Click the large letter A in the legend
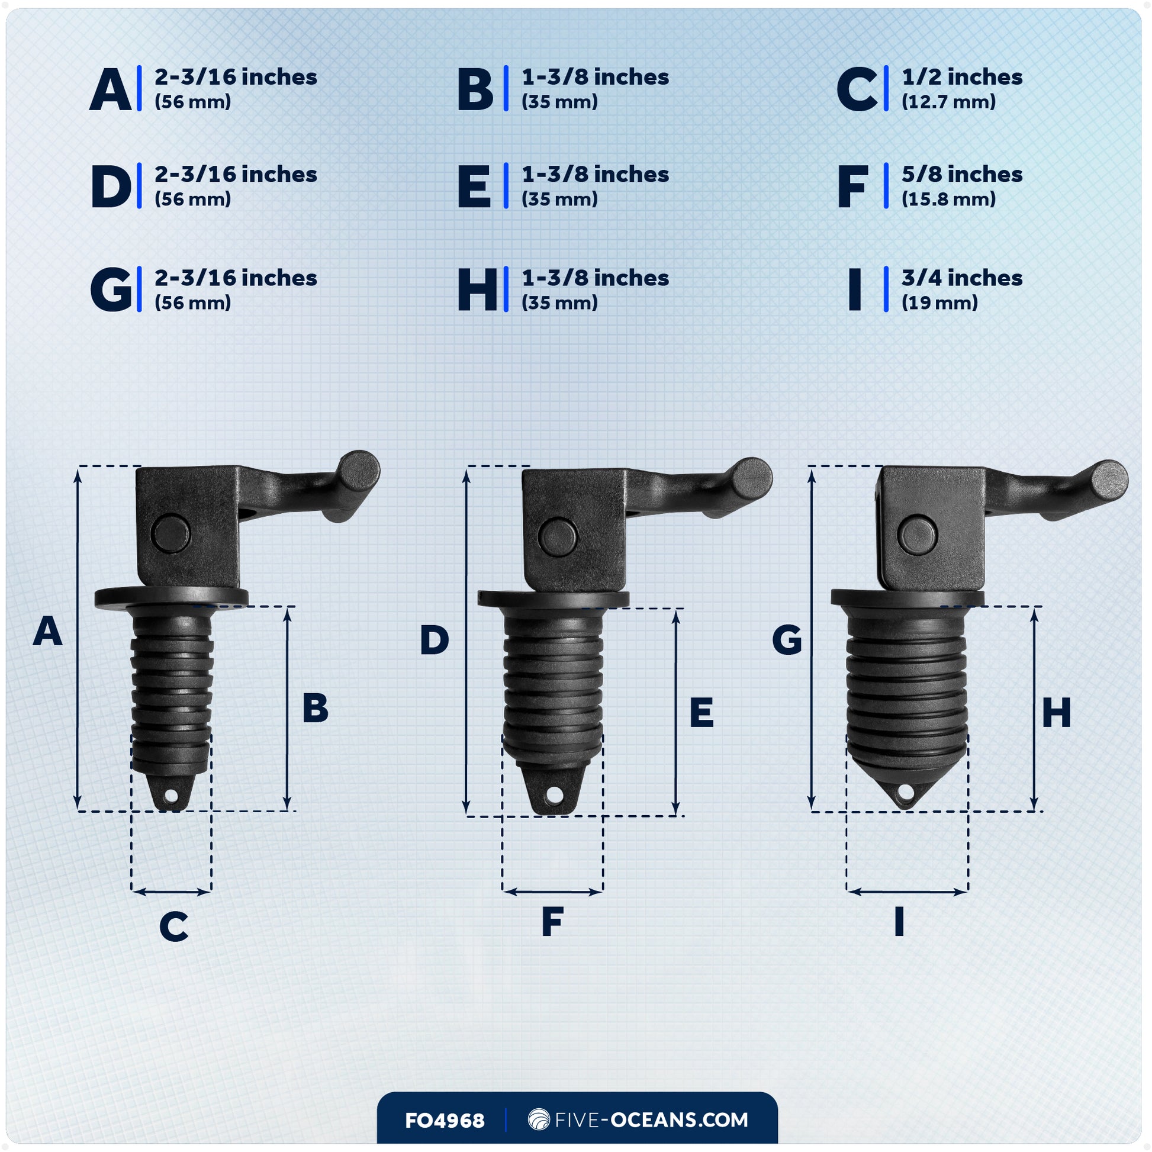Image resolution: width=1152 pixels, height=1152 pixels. [111, 90]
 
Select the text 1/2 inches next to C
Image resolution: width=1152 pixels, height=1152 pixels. [961, 78]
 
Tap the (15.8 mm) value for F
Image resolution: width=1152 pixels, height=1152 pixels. [948, 199]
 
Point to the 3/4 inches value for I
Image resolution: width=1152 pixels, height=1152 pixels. [961, 278]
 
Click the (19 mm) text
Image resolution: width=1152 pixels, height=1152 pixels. [939, 303]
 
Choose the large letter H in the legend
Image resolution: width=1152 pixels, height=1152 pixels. [477, 291]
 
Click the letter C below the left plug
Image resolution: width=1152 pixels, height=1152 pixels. [173, 926]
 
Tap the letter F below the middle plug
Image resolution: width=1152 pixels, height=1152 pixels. [552, 922]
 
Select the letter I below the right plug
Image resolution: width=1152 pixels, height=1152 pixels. [899, 922]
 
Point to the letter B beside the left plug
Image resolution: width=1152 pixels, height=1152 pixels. [315, 709]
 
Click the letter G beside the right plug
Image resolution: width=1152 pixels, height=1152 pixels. [787, 641]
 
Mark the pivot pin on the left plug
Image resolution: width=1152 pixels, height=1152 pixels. [170, 533]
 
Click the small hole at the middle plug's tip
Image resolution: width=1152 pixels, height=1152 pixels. [554, 795]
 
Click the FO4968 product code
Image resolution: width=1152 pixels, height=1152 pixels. [444, 1121]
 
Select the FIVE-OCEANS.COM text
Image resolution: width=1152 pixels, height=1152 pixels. [651, 1120]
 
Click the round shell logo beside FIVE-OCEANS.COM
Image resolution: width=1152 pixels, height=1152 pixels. [539, 1120]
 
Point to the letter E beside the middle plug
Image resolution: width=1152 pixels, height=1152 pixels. [702, 713]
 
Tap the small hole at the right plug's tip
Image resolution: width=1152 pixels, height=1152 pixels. [905, 792]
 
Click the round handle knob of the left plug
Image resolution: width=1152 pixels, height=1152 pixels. [359, 471]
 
